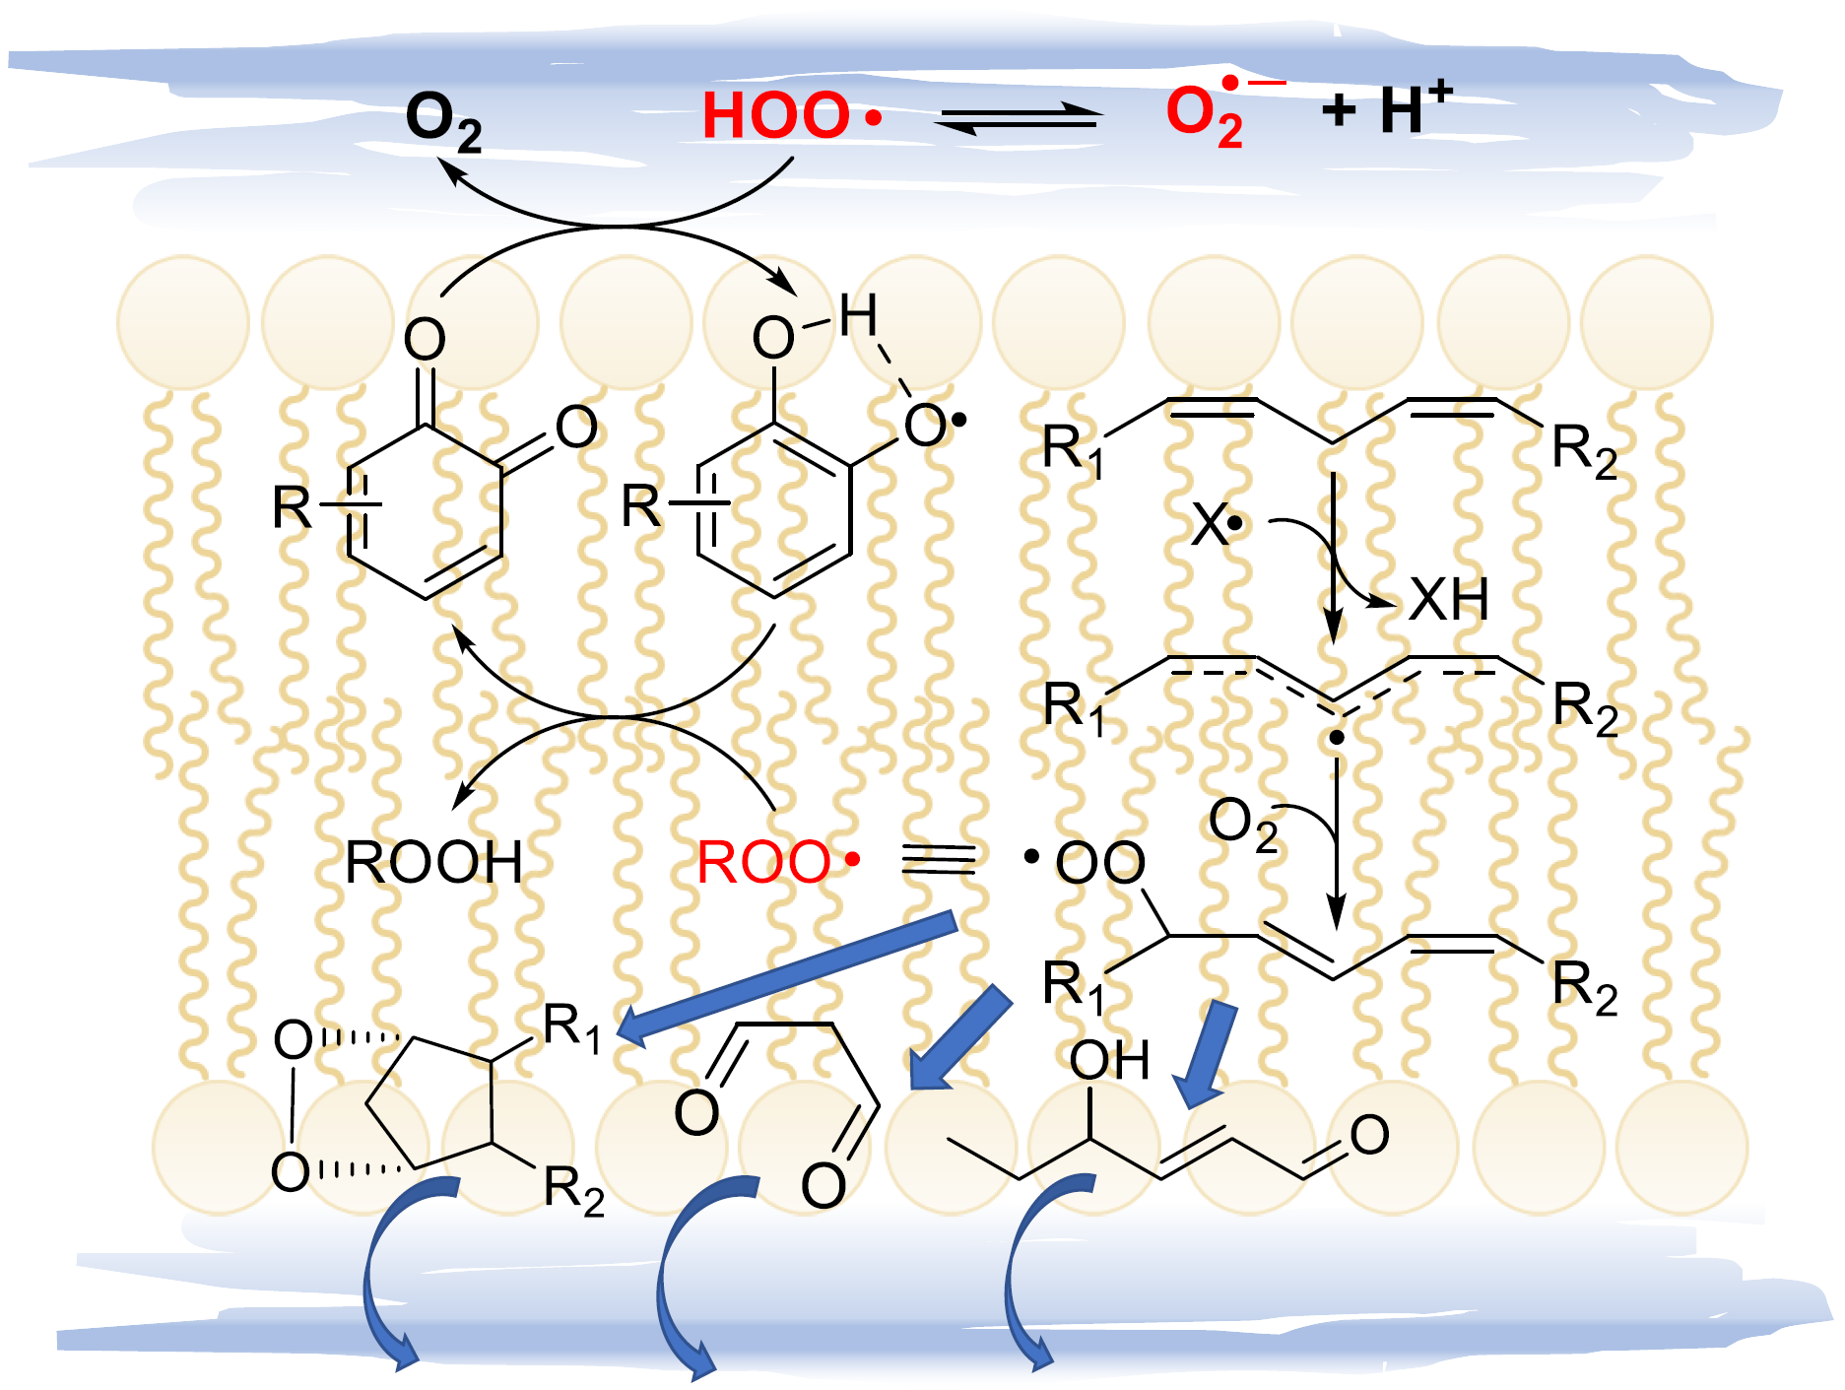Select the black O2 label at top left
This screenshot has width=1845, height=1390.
pos(443,121)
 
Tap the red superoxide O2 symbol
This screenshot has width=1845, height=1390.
pos(1204,115)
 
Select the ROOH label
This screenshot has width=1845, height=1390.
pos(433,863)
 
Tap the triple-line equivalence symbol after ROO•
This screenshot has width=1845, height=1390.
pos(938,860)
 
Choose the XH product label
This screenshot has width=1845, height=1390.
pos(1448,599)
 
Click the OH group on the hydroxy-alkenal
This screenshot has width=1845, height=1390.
pos(1109,1061)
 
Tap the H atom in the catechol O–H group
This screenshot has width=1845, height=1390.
pos(857,316)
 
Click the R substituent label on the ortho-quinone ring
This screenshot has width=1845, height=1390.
pos(293,508)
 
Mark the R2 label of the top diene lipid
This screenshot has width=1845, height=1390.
pos(1583,450)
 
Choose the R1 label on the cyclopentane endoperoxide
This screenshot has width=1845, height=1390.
pos(571,1026)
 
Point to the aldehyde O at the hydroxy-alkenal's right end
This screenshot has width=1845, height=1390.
pos(1369,1136)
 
